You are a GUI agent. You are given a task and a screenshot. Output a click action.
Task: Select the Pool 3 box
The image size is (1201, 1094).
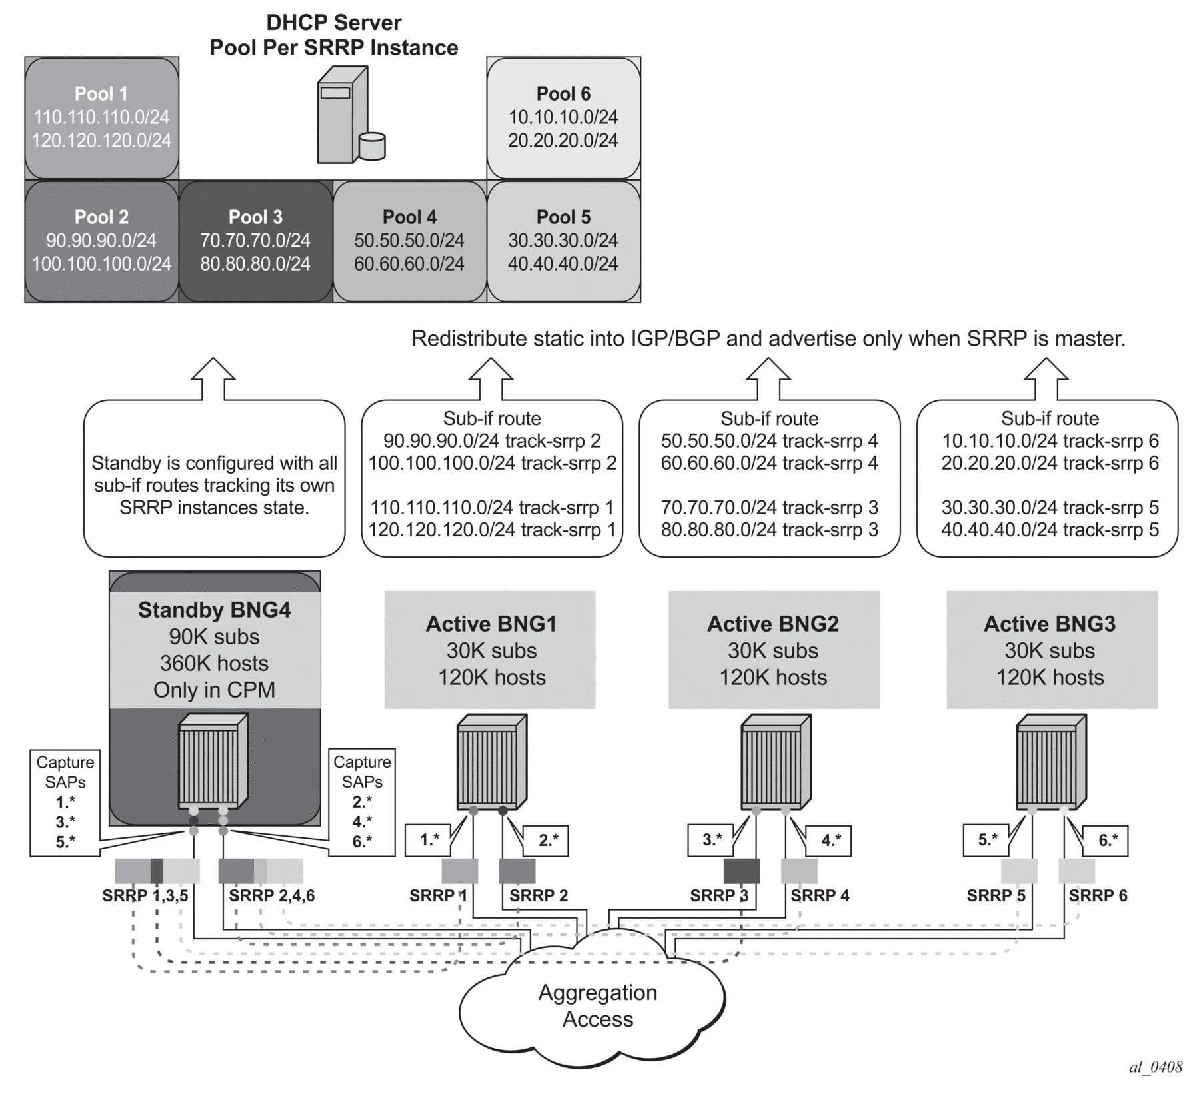coord(256,241)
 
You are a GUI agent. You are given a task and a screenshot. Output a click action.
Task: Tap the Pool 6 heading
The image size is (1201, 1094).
coord(563,94)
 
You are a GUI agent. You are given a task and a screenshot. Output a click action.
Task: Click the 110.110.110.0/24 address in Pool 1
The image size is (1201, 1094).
coord(102,117)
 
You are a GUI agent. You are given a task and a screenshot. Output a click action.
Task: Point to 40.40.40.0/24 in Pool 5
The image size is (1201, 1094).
coord(563,263)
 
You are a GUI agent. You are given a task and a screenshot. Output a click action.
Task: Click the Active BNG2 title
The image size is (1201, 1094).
coord(772,624)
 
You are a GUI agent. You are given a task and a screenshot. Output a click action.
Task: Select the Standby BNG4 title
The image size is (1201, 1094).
coord(214,610)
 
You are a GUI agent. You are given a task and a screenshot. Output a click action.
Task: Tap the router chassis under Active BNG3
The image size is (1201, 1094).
coord(1050,761)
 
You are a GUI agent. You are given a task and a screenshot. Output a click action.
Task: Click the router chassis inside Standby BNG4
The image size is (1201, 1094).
coord(213,761)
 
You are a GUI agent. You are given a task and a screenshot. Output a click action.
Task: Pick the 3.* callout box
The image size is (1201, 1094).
coord(712,839)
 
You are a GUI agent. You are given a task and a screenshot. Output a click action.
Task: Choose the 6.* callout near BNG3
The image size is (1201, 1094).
coord(1107,841)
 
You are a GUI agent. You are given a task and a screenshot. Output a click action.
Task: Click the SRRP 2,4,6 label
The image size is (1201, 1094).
coord(271,895)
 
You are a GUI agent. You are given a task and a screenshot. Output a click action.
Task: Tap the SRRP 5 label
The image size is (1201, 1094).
coord(996,895)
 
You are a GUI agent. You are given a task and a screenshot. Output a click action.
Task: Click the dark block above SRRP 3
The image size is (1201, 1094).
coord(742,871)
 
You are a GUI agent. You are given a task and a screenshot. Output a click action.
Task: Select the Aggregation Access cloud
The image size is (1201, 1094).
coord(597,1006)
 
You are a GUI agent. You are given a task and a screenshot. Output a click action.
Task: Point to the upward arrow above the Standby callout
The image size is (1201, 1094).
coord(213,378)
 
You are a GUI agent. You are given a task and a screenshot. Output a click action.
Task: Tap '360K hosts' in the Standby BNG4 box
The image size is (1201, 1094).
coord(214,663)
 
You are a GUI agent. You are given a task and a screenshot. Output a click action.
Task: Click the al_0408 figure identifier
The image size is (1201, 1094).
coord(1155,1067)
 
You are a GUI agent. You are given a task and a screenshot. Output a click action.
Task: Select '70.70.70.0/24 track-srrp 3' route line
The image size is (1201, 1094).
coord(769,508)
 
